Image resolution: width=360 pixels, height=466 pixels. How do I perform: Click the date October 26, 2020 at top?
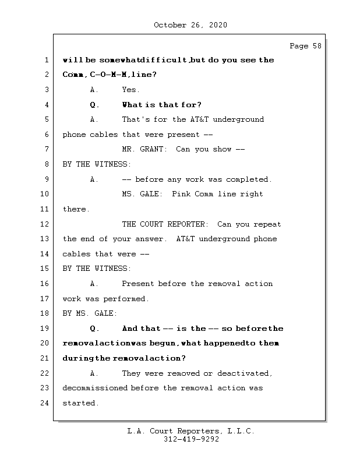click(x=190, y=25)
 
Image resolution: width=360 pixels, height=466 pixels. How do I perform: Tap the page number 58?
click(x=317, y=46)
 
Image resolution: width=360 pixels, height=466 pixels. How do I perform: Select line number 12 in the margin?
click(x=44, y=224)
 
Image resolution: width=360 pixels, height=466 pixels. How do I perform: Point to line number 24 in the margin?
click(x=44, y=403)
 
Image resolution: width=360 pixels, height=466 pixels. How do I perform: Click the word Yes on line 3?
click(x=130, y=90)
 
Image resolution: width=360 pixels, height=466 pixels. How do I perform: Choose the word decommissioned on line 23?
click(x=95, y=388)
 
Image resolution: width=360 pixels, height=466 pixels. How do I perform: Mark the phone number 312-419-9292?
click(x=191, y=439)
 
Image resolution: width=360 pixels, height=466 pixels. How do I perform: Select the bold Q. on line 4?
click(x=94, y=105)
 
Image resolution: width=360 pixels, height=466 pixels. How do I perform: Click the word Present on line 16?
click(x=137, y=284)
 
